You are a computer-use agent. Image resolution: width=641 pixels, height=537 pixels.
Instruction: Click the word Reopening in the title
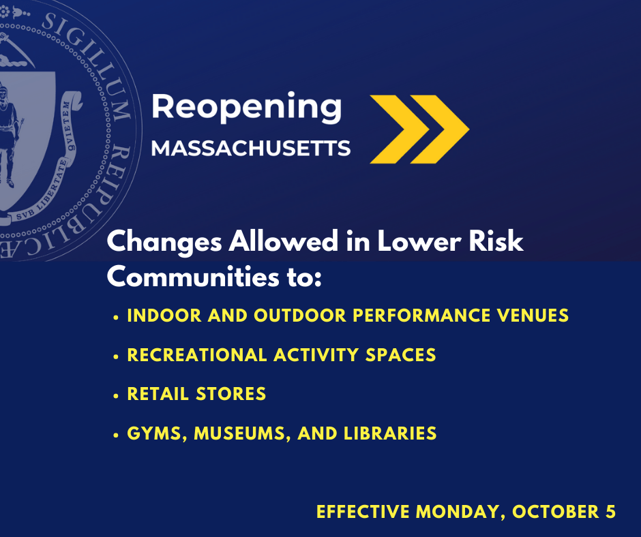pyautogui.click(x=246, y=107)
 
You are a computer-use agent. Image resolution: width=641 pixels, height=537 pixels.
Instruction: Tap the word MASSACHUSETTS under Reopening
pyautogui.click(x=251, y=148)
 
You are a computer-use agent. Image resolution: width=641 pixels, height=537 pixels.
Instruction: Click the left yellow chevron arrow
pyautogui.click(x=400, y=129)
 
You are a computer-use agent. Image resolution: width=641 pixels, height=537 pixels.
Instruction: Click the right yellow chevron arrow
pyautogui.click(x=439, y=129)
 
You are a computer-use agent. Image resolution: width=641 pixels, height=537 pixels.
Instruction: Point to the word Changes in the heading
pyautogui.click(x=164, y=242)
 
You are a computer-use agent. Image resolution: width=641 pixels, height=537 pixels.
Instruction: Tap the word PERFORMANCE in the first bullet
pyautogui.click(x=421, y=316)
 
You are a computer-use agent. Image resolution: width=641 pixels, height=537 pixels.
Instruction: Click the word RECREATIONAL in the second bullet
pyautogui.click(x=197, y=355)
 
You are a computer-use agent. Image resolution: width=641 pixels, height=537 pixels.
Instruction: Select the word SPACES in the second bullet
pyautogui.click(x=401, y=355)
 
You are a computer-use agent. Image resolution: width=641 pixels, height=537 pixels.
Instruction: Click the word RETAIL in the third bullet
pyautogui.click(x=158, y=394)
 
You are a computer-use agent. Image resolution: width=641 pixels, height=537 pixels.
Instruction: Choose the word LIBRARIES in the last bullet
pyautogui.click(x=390, y=433)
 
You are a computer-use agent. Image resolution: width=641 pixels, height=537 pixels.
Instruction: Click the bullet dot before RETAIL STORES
pyautogui.click(x=116, y=396)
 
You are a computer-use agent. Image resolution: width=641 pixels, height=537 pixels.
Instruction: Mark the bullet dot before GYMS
pyautogui.click(x=116, y=435)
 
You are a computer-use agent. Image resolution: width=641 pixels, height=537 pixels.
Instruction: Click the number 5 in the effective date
pyautogui.click(x=611, y=512)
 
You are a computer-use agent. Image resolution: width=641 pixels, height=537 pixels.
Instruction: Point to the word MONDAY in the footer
pyautogui.click(x=458, y=512)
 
